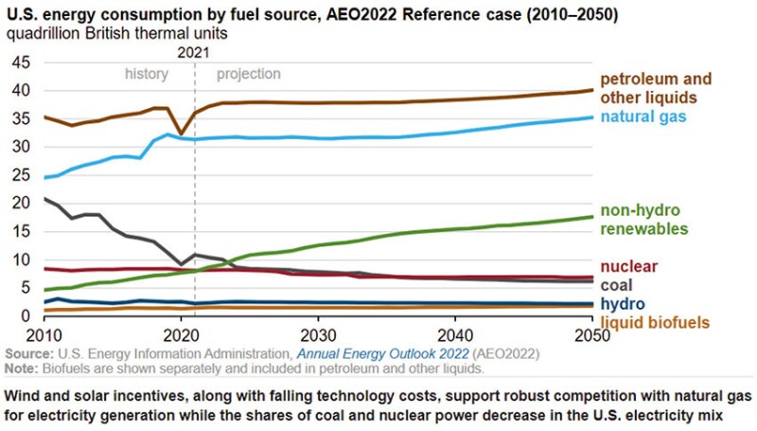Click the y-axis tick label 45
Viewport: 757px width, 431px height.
click(x=20, y=63)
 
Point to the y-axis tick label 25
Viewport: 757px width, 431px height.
click(x=20, y=175)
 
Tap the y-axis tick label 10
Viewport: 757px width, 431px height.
click(x=20, y=260)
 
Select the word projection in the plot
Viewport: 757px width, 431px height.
click(x=249, y=74)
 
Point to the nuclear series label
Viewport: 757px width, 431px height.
click(x=629, y=266)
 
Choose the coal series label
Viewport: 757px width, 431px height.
click(x=617, y=285)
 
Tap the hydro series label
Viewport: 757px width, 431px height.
click(x=623, y=304)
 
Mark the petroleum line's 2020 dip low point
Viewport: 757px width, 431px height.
click(x=180, y=134)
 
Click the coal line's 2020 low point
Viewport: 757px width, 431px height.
click(x=181, y=263)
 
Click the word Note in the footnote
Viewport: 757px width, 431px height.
click(x=21, y=366)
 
